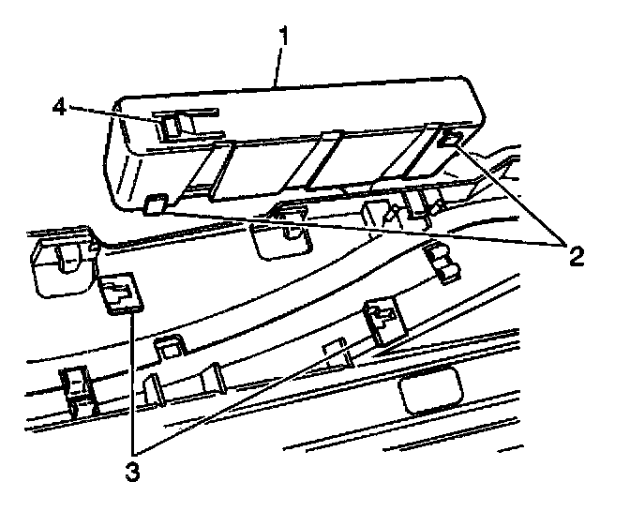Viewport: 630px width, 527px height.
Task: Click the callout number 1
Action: [x=282, y=38]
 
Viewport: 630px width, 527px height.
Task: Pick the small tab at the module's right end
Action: [x=449, y=142]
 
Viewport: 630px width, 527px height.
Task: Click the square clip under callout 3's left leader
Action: [x=117, y=294]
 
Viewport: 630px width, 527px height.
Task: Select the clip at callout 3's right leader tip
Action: [x=383, y=320]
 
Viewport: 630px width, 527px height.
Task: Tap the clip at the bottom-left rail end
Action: [x=78, y=388]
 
